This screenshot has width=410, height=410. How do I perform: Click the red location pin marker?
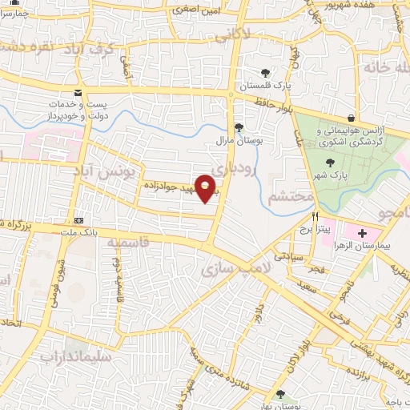tap(206, 188)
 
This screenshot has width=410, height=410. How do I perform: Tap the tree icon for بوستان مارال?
tap(238, 127)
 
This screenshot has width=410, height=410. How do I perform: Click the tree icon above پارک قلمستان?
tap(265, 73)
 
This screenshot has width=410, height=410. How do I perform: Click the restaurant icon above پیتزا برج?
tap(316, 216)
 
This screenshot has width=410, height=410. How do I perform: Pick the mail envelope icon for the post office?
tap(78, 93)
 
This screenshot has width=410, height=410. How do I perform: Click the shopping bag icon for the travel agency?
tap(352, 118)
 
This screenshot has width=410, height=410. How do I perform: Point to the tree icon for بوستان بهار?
tap(279, 393)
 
